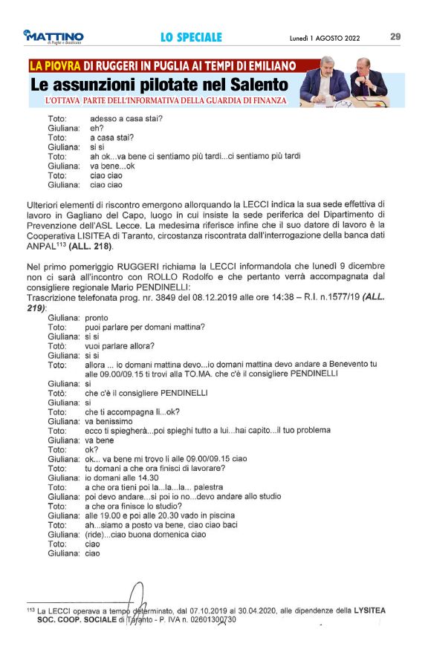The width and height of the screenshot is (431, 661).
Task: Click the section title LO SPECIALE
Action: [191, 36]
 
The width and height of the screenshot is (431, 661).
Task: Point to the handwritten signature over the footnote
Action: [135, 599]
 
